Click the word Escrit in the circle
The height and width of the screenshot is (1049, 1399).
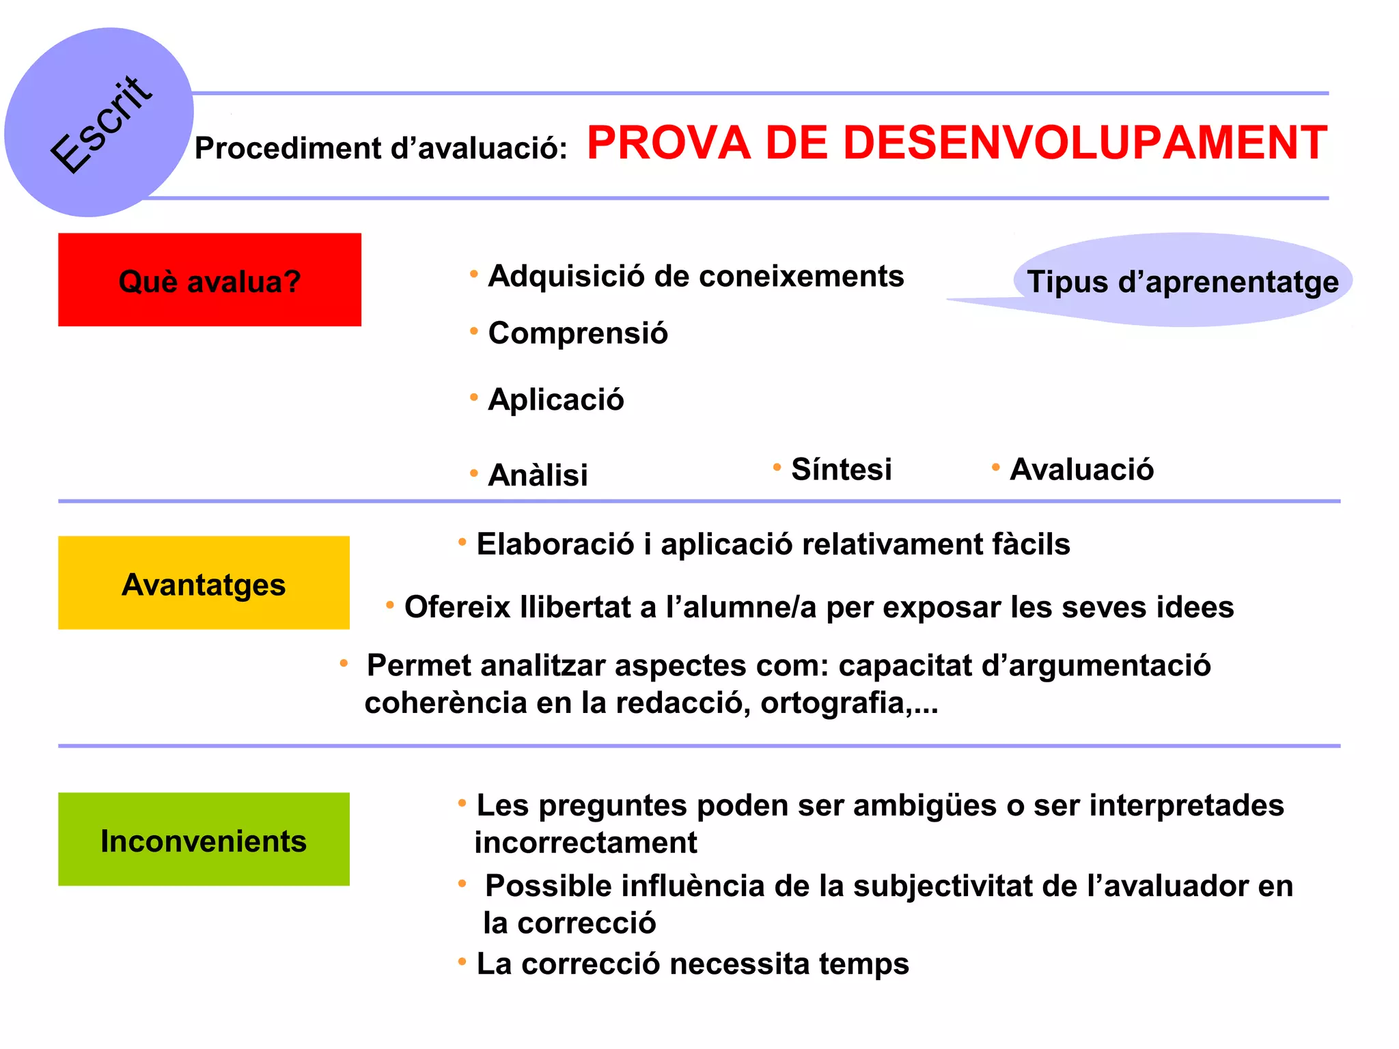101,124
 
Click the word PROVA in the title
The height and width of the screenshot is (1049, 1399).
668,143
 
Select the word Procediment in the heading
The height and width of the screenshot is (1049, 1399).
287,148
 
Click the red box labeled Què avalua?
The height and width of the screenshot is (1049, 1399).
209,280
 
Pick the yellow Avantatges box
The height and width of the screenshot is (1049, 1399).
204,583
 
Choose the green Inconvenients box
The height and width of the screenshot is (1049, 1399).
204,839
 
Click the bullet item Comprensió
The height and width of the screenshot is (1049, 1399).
577,333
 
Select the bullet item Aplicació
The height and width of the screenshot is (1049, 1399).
555,400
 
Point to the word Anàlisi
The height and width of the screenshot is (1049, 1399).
538,475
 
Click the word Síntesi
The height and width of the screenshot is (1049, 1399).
841,469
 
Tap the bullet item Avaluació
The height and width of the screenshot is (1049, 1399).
1081,469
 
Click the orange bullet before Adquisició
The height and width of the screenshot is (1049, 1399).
473,275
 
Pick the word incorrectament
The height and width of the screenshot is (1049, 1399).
585,843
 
